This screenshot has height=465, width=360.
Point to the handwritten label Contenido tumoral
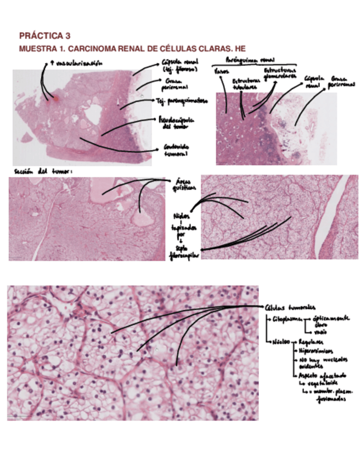(x=176, y=150)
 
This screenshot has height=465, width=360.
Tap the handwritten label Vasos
(x=221, y=71)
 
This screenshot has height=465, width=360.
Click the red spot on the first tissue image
(x=54, y=99)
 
